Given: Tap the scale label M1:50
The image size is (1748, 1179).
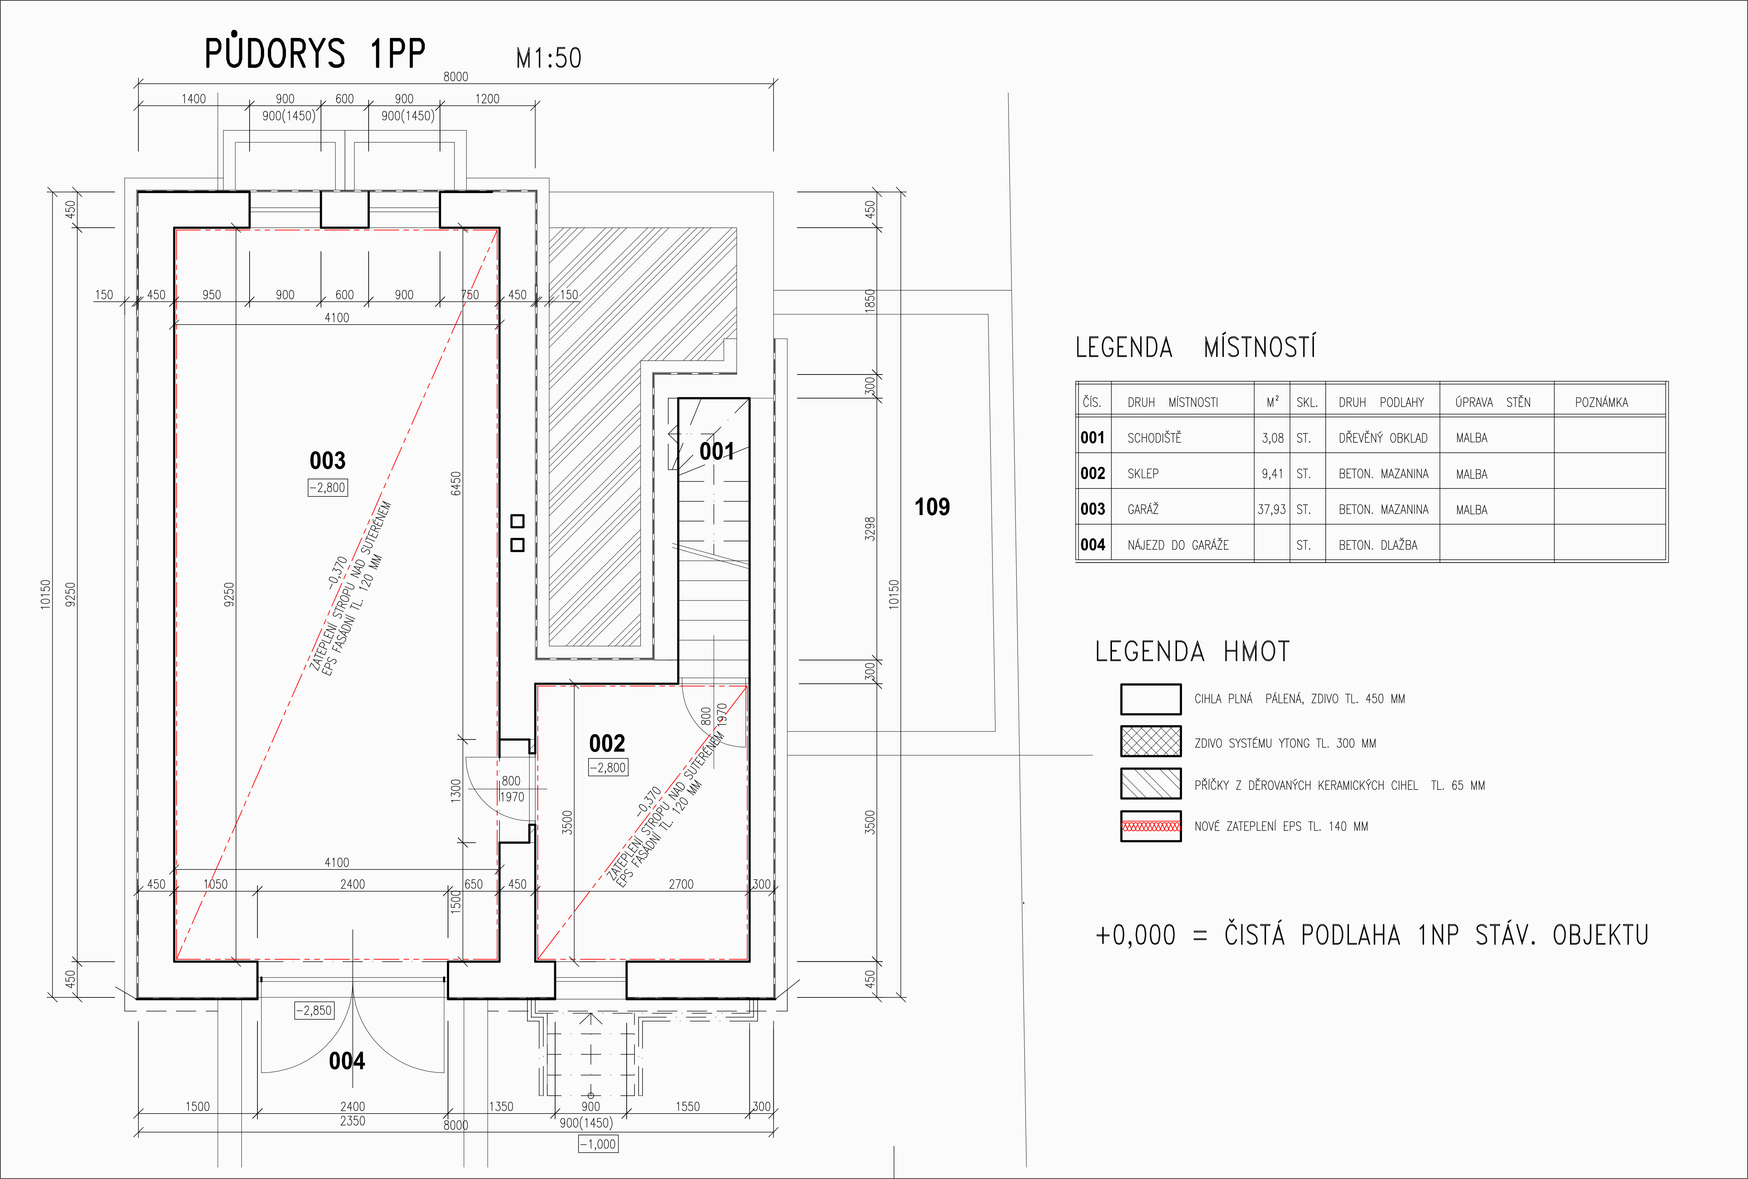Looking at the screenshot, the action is (x=548, y=58).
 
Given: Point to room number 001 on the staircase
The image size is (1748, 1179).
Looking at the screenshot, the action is (x=717, y=451).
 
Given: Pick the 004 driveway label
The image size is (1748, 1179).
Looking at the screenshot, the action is (x=347, y=1061).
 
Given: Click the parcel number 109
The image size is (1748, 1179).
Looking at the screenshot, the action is (x=932, y=507).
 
